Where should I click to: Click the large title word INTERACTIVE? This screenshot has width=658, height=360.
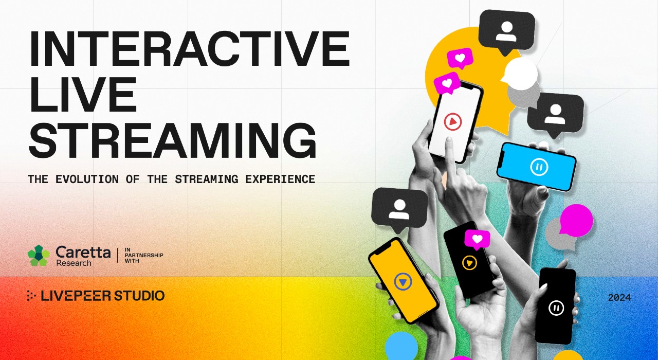(189, 49)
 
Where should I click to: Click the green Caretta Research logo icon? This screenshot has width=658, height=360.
(39, 255)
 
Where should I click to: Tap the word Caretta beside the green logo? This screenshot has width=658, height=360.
(83, 252)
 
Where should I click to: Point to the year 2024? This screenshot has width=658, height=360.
(619, 298)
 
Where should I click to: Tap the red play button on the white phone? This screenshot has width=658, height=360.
(453, 122)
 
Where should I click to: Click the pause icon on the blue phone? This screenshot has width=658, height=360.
(539, 167)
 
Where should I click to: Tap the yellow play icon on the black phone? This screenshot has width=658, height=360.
(469, 263)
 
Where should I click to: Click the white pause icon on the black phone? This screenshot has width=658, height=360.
(556, 308)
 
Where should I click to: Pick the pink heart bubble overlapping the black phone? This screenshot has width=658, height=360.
(477, 239)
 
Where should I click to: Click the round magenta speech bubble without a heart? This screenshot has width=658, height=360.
(576, 220)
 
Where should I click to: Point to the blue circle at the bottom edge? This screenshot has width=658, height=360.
(401, 346)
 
